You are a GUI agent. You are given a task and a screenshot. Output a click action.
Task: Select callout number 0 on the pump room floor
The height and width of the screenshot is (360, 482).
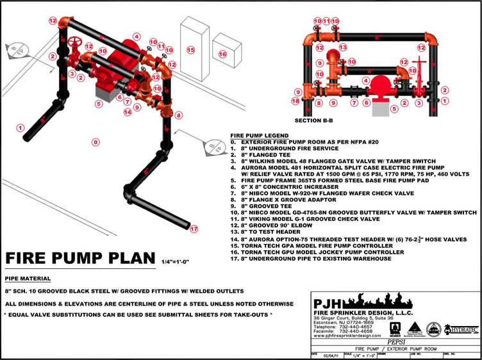click(x=96, y=142)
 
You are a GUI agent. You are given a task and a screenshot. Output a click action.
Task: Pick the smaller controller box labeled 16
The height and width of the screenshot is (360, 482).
click(x=222, y=54)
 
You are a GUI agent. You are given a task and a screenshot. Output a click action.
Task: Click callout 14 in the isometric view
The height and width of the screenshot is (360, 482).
click(x=128, y=113)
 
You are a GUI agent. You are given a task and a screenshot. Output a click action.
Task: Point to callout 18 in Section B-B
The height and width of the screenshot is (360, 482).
click(x=295, y=101)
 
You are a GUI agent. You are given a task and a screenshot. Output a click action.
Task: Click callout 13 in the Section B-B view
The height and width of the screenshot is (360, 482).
click(x=342, y=47)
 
